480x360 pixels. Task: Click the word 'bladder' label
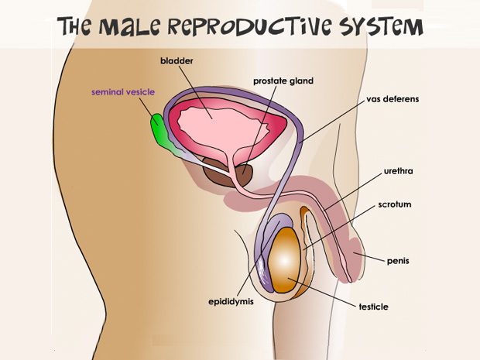coord(177,61)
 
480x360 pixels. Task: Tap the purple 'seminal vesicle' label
coord(123,92)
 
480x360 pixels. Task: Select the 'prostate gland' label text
coord(283,81)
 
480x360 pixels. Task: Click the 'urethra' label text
coord(398,170)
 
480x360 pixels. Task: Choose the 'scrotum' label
coord(395,204)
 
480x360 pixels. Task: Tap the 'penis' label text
coord(398,261)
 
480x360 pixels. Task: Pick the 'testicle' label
coord(373,307)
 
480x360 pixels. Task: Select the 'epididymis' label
coord(231,301)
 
